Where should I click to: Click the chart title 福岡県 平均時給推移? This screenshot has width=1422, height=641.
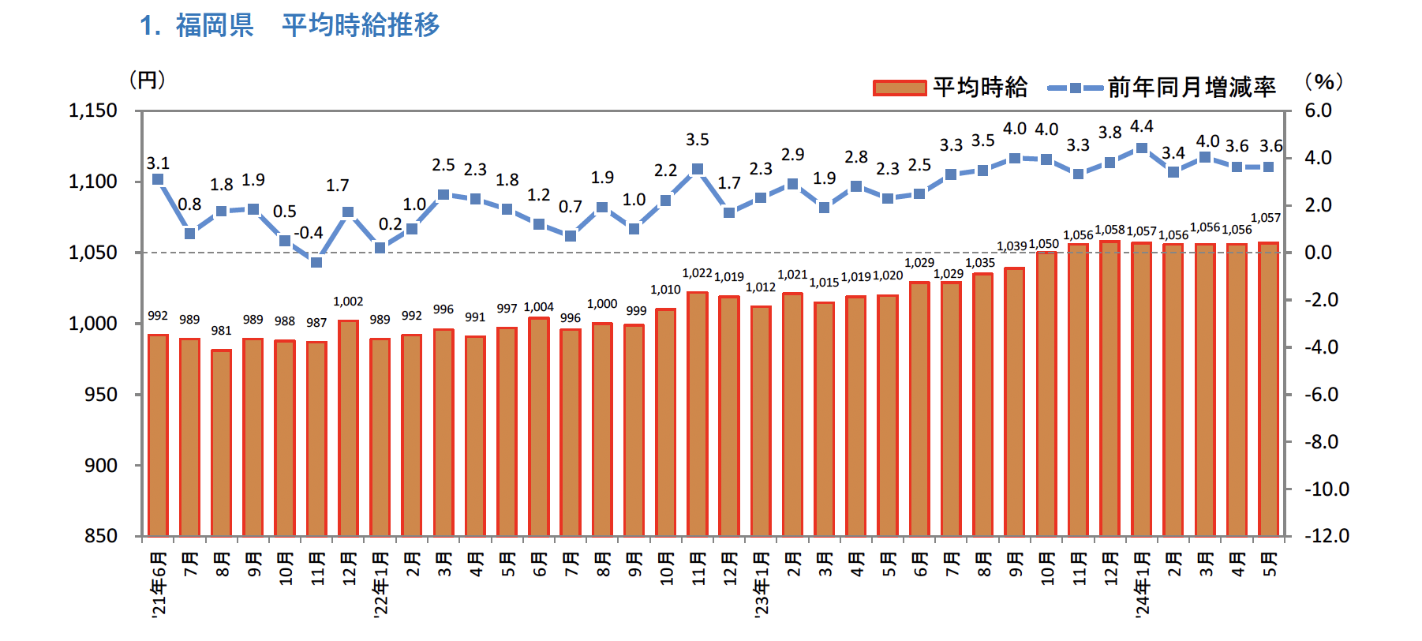(x=290, y=25)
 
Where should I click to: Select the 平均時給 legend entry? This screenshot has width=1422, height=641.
(x=950, y=87)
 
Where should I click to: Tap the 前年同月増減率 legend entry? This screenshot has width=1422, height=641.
(x=1161, y=87)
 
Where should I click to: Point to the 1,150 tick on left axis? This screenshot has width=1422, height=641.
(x=93, y=111)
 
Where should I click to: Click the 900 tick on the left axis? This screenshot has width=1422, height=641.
(x=101, y=466)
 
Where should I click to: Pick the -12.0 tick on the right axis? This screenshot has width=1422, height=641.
(x=1327, y=536)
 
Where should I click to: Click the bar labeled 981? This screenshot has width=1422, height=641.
(x=221, y=442)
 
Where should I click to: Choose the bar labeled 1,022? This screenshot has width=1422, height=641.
(x=698, y=414)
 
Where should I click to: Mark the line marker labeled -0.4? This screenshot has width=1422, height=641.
(x=316, y=262)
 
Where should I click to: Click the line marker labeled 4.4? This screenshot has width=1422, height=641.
(x=1141, y=148)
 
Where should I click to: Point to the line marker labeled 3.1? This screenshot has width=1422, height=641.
(x=158, y=179)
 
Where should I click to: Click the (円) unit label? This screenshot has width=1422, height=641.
(x=147, y=80)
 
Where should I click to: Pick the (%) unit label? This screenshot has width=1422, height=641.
(x=1323, y=81)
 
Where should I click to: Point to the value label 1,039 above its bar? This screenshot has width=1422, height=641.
(x=1012, y=246)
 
